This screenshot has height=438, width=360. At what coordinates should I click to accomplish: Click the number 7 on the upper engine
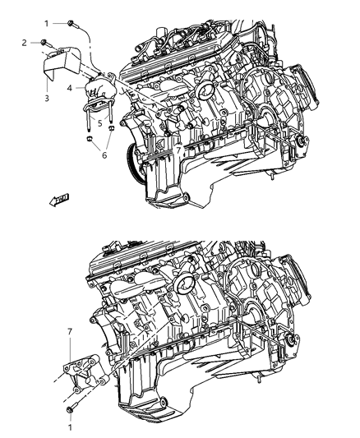pyautogui.click(x=178, y=150)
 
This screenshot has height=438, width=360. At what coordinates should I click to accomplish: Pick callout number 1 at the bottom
pyautogui.click(x=70, y=426)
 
